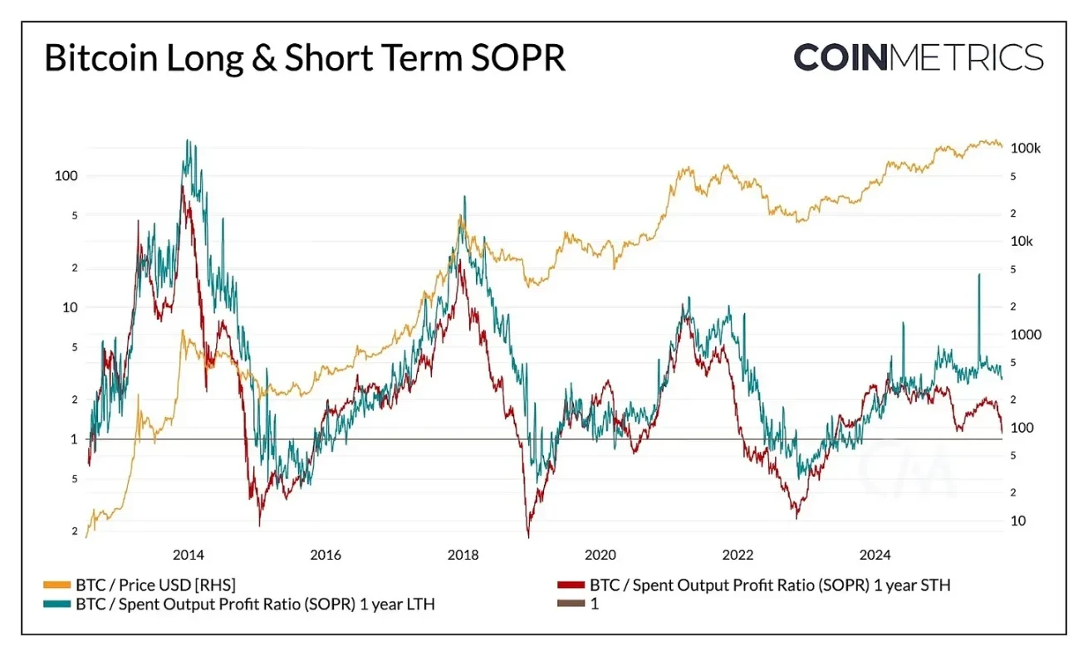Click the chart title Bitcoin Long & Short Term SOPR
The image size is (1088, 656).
point(304,59)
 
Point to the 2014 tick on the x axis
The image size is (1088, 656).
point(189,555)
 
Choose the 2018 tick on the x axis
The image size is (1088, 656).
point(463,555)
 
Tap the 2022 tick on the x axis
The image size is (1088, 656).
point(738,555)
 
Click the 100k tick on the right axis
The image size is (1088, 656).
point(1026,148)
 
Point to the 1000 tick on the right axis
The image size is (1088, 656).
point(1025,335)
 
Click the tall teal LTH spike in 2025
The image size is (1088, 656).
point(979,276)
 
